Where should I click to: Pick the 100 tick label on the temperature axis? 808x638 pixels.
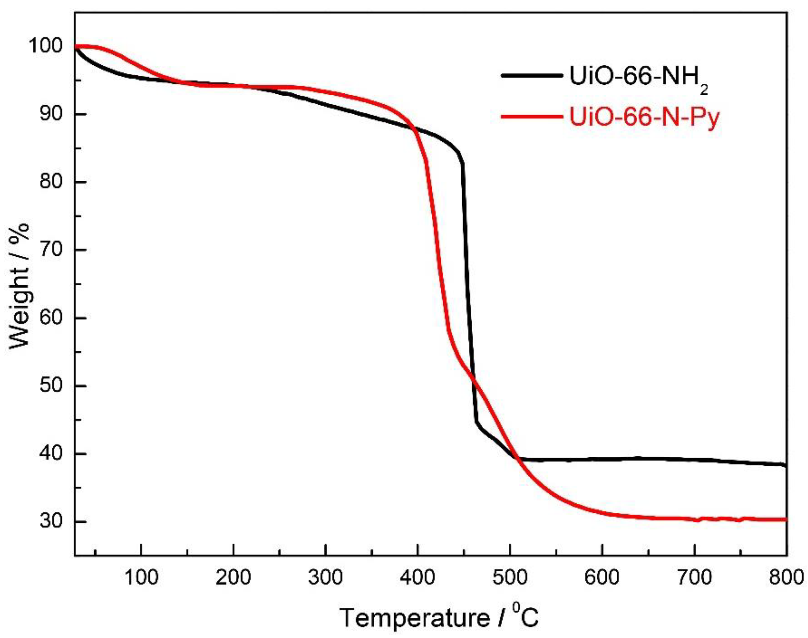click(x=141, y=578)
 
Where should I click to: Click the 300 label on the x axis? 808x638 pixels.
click(x=326, y=578)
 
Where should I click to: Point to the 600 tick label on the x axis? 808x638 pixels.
click(x=602, y=578)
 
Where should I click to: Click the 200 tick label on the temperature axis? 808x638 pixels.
click(x=233, y=578)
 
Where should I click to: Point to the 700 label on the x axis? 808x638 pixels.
click(x=694, y=578)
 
